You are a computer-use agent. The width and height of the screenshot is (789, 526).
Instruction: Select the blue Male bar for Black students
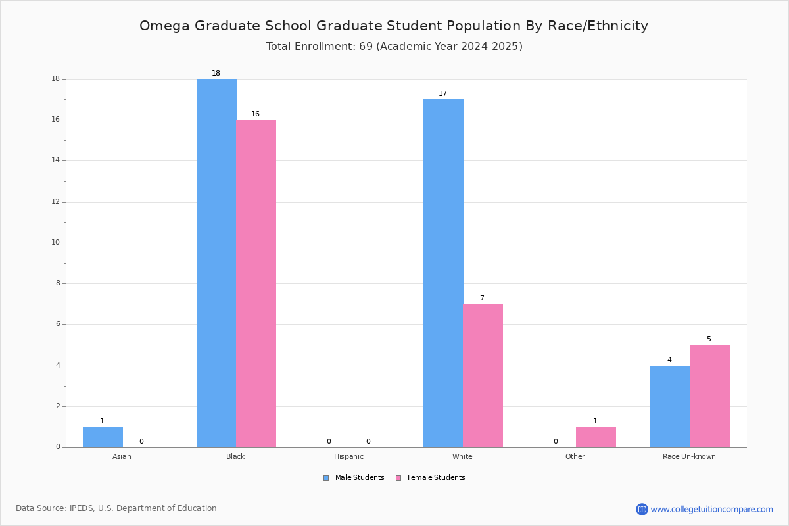tap(216, 263)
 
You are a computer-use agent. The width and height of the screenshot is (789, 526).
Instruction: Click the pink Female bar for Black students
tap(256, 283)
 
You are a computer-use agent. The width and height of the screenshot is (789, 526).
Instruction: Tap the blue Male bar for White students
tap(443, 274)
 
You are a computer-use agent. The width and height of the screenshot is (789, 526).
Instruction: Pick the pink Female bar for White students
tap(483, 375)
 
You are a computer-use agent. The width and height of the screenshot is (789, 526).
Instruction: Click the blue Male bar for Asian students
tap(103, 437)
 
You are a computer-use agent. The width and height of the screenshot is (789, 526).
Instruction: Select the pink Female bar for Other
tap(596, 437)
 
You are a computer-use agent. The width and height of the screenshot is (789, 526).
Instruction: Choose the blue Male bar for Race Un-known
tap(670, 406)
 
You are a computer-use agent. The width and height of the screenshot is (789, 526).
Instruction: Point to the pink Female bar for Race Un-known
tap(709, 396)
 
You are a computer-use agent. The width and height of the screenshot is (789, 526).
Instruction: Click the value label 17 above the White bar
tap(442, 93)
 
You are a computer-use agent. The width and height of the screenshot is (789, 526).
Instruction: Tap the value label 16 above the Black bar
tap(255, 114)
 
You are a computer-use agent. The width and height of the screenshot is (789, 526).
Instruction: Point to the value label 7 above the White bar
tap(482, 298)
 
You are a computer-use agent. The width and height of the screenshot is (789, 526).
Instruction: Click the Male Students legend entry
tap(354, 477)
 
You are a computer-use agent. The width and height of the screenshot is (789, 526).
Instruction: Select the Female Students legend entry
tap(431, 477)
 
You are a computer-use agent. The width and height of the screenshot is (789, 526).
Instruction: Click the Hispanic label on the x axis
tap(348, 456)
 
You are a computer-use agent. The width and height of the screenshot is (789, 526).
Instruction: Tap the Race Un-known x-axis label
tap(689, 456)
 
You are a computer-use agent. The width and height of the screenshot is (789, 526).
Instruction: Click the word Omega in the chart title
tap(164, 26)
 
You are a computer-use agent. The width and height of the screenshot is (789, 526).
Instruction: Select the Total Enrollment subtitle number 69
tap(366, 46)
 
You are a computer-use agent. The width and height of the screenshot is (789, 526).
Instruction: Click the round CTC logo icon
tap(642, 509)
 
